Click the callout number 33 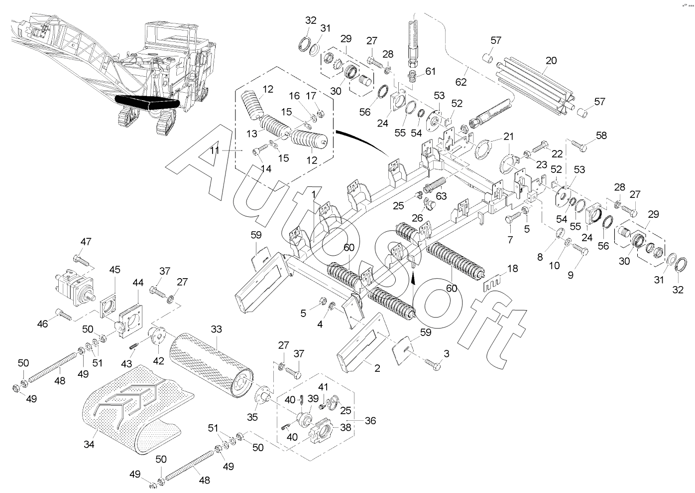pyautogui.click(x=216, y=329)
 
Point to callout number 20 pyautogui.click(x=551, y=61)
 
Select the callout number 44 pyautogui.click(x=138, y=283)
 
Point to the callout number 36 pyautogui.click(x=370, y=421)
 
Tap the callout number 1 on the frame pyautogui.click(x=314, y=193)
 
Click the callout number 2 pyautogui.click(x=377, y=368)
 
